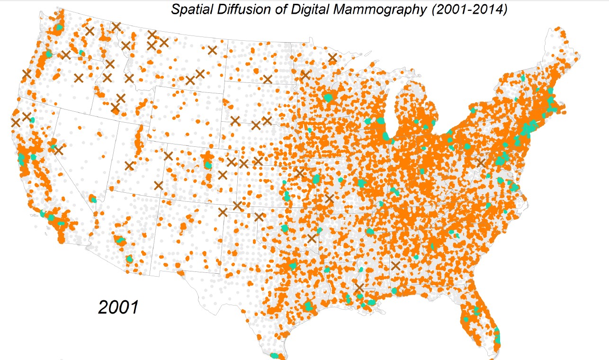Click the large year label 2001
click(118, 307)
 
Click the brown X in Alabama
click(395, 265)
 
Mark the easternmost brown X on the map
click(481, 162)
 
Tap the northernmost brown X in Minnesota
click(332, 58)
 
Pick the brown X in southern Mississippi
click(360, 288)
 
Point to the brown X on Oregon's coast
click(27, 73)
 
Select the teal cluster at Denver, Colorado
click(207, 165)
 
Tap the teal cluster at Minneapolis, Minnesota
click(329, 98)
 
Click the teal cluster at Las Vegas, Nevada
click(93, 199)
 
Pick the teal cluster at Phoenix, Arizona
click(120, 240)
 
